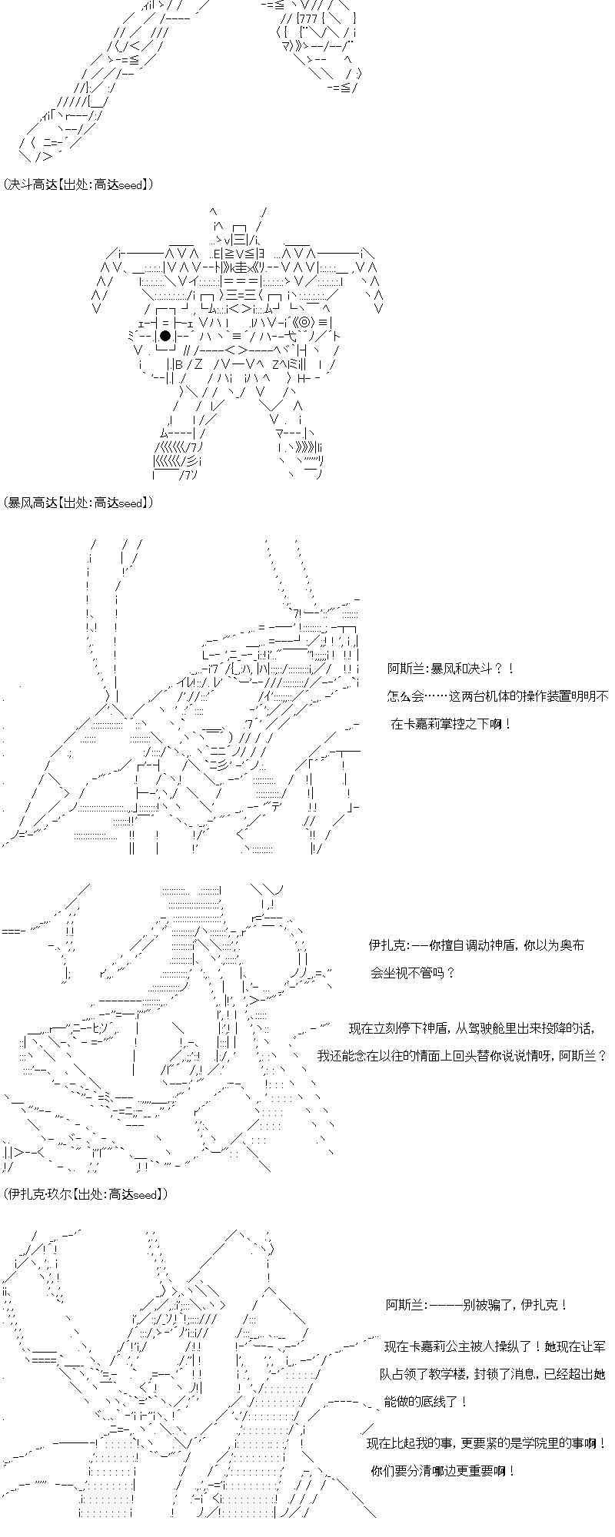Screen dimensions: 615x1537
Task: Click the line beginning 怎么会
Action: [x=497, y=696]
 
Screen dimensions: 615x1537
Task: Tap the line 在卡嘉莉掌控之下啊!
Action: [x=451, y=723]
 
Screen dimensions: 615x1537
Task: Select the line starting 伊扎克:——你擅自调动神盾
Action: [x=476, y=944]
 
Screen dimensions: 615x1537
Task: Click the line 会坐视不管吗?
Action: [x=413, y=972]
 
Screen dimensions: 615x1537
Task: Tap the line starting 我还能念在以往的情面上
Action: [x=462, y=1055]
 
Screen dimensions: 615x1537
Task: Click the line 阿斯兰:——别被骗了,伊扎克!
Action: [x=477, y=1304]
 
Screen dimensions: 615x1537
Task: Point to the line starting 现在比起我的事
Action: [x=487, y=1443]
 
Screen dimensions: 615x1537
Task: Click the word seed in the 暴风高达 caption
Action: [x=130, y=503]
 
